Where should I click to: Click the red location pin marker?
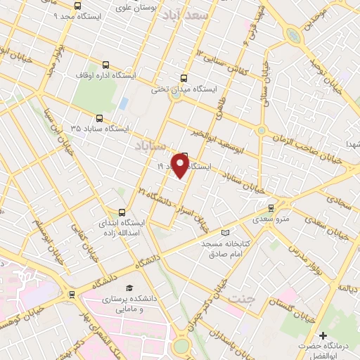(x=180, y=166)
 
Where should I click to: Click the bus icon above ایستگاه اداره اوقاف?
(x=106, y=63)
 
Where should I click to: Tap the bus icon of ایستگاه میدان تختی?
(x=184, y=78)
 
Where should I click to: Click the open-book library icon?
(x=225, y=233)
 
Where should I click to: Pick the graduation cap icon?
(x=129, y=288)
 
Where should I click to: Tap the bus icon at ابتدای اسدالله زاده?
(x=122, y=212)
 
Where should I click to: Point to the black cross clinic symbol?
(x=323, y=335)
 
